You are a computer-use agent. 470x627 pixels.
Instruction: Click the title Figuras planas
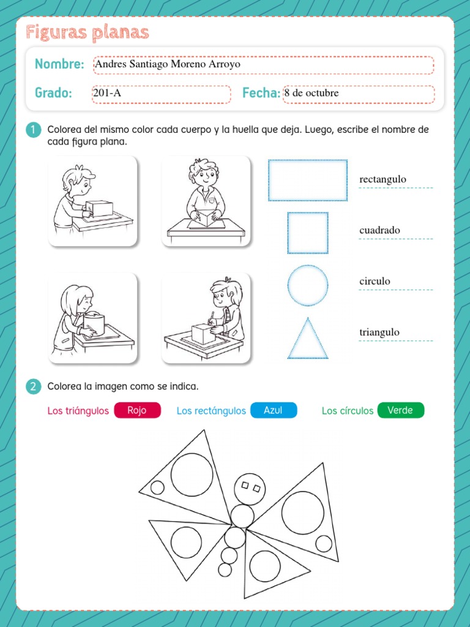(x=88, y=32)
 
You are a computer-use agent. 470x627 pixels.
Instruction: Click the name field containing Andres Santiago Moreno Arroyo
(x=263, y=65)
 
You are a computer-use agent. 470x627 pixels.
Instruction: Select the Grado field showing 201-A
(x=162, y=94)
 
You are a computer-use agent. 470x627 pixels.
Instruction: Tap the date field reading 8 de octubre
(x=358, y=94)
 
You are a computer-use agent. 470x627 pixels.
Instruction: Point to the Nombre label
(x=59, y=64)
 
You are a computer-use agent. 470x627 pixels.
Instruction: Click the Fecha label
(x=261, y=93)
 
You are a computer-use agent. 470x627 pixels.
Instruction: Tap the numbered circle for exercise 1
(x=34, y=130)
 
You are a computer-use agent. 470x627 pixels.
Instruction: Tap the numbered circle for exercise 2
(x=34, y=386)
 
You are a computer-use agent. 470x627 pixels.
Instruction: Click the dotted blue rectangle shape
(x=308, y=180)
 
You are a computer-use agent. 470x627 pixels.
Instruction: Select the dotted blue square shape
(x=308, y=233)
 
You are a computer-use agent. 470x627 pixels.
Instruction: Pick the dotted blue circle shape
(x=308, y=285)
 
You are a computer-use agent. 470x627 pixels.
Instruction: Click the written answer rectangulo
(x=383, y=179)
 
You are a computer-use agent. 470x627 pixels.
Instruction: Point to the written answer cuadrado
(x=380, y=230)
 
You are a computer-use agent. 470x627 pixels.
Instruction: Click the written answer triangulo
(x=379, y=332)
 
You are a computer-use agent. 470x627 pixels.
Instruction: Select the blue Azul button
(x=274, y=410)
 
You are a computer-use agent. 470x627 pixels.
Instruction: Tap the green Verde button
(x=401, y=410)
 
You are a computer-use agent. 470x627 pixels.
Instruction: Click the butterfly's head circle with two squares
(x=250, y=488)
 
